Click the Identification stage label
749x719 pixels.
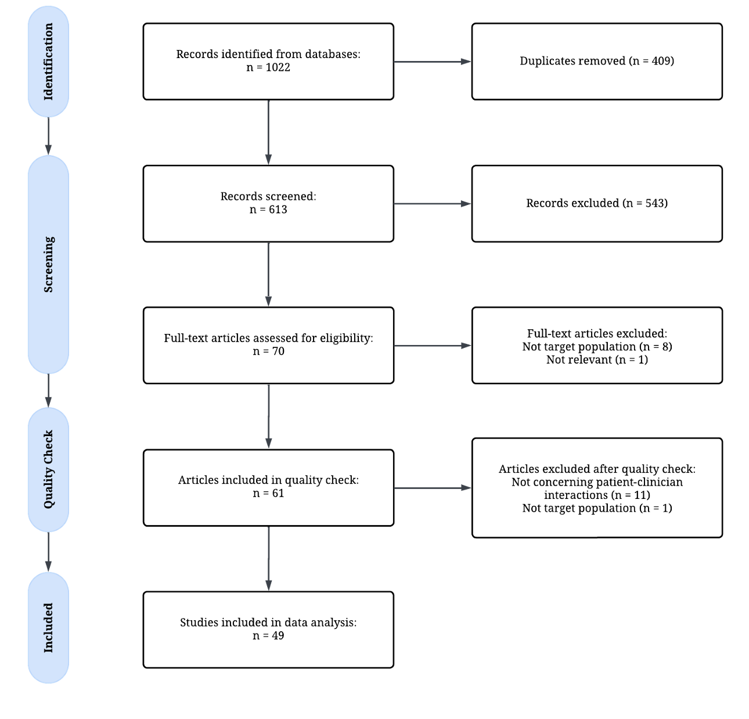tap(48, 62)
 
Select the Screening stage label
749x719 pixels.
tap(48, 264)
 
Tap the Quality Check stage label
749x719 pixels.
tap(48, 469)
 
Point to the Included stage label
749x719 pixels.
tap(48, 628)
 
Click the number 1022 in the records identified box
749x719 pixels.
tap(278, 67)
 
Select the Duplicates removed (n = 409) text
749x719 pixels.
tap(596, 61)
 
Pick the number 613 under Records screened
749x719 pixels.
tap(278, 210)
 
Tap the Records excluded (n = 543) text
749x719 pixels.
tap(596, 203)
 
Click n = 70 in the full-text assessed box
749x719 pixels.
tap(268, 351)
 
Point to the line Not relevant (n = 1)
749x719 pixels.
tap(597, 359)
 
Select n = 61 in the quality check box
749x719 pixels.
tap(268, 493)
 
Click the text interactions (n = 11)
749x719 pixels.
tap(597, 495)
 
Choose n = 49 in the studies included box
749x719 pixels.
tap(268, 635)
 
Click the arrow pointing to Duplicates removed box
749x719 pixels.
tap(433, 62)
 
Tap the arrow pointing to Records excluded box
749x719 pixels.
tap(433, 204)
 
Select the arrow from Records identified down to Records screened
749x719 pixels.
tap(268, 132)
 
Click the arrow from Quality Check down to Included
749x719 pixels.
tap(48, 552)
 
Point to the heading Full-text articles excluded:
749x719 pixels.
tap(597, 333)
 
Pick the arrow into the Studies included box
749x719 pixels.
tap(268, 559)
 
